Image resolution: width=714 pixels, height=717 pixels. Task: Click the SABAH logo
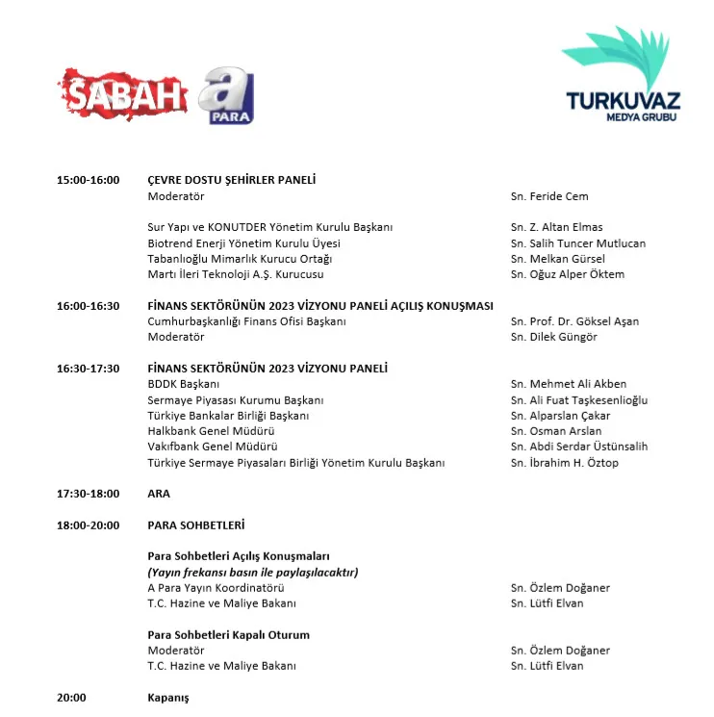click(125, 94)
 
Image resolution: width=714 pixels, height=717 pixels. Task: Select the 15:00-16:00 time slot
click(89, 180)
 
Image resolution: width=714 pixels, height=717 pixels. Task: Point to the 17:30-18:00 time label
click(89, 494)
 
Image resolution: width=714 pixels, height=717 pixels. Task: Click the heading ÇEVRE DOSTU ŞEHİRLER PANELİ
click(232, 180)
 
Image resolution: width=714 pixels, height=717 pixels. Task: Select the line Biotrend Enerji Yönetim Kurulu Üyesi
click(243, 243)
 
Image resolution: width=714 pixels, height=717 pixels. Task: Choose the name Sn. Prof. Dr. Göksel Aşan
click(574, 321)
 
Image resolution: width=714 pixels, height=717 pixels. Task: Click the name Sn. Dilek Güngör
click(554, 337)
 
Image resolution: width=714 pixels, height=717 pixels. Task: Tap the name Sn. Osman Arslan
click(556, 431)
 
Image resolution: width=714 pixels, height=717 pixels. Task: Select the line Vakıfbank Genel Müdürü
click(213, 447)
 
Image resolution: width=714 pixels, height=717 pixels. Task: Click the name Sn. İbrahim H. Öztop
click(565, 463)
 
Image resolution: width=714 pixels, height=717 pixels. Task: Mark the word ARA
click(159, 494)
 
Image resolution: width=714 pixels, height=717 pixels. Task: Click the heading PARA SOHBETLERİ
click(196, 525)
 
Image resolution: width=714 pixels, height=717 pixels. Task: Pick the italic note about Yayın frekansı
click(253, 573)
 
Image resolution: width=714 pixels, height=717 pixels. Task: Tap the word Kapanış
click(168, 698)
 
